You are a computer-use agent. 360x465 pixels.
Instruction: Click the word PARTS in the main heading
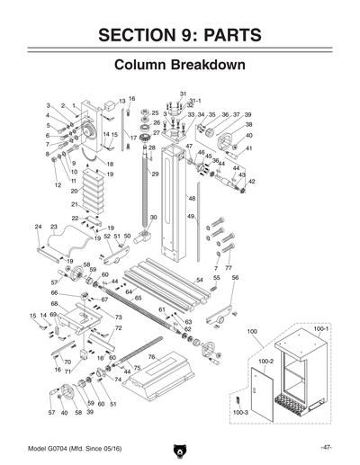226,35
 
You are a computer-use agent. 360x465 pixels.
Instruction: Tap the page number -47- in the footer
326,447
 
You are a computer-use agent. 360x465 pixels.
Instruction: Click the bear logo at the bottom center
180,447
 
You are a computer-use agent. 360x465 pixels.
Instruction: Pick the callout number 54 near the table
200,280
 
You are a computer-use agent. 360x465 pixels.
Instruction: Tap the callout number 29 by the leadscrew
154,174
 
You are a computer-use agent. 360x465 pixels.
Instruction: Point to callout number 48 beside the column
191,197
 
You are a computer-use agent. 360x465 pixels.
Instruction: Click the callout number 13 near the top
121,102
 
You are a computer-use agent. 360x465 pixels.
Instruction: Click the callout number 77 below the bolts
229,268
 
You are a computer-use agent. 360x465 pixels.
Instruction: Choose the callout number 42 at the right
253,182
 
